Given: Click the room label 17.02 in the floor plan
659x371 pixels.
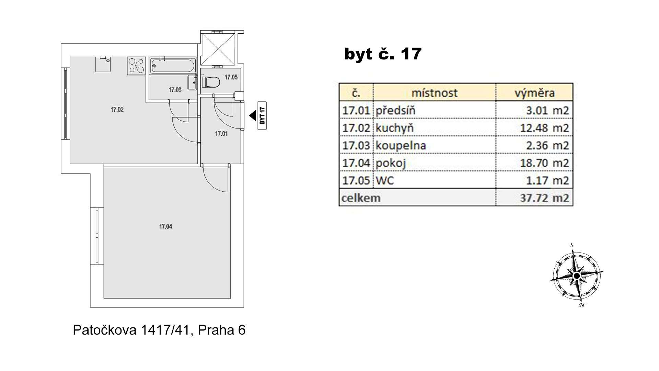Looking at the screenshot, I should pyautogui.click(x=117, y=110).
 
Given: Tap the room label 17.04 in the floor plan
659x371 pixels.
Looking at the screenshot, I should pyautogui.click(x=165, y=227).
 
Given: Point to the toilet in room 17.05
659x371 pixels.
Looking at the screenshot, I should pyautogui.click(x=211, y=82).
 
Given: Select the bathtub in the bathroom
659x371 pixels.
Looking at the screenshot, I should pyautogui.click(x=173, y=65).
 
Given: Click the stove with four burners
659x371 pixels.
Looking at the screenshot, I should pyautogui.click(x=136, y=66).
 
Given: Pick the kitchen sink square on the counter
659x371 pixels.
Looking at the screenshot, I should pyautogui.click(x=103, y=64).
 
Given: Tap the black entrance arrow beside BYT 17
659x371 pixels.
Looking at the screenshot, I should pyautogui.click(x=253, y=116).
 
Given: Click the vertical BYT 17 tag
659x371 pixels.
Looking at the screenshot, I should pyautogui.click(x=262, y=116).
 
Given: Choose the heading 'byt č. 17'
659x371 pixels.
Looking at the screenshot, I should pyautogui.click(x=383, y=54).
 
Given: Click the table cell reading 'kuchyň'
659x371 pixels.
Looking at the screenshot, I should pyautogui.click(x=395, y=128).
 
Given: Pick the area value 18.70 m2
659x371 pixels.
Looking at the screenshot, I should pyautogui.click(x=544, y=163).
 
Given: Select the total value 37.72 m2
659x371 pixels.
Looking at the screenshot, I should pyautogui.click(x=544, y=198).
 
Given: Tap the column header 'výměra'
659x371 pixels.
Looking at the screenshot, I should pyautogui.click(x=534, y=93).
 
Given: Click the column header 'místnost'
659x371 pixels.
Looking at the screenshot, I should pyautogui.click(x=435, y=93).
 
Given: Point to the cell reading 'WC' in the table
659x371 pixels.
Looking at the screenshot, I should pyautogui.click(x=385, y=180).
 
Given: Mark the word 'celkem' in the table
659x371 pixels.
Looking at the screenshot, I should pyautogui.click(x=361, y=198).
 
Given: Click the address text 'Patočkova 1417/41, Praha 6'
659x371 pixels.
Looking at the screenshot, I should pyautogui.click(x=159, y=330).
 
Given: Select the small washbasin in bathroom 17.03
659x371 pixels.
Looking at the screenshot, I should pyautogui.click(x=192, y=83).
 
